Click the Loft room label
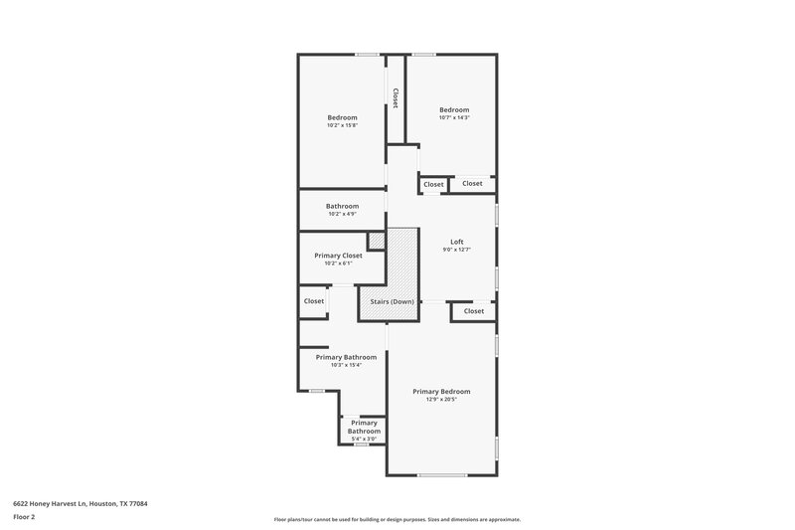(456, 242)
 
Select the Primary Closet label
(338, 255)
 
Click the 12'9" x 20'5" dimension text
(441, 400)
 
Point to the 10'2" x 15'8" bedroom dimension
(342, 125)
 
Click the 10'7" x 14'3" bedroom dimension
(454, 117)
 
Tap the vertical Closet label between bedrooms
(396, 98)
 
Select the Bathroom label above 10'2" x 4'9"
(342, 206)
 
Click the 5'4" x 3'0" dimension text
(364, 439)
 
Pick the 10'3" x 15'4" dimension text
(346, 365)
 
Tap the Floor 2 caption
(24, 517)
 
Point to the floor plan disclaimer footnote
(397, 519)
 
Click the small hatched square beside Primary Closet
(377, 241)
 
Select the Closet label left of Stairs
(314, 301)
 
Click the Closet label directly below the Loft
(474, 311)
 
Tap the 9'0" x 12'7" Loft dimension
(456, 250)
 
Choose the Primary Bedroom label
(441, 392)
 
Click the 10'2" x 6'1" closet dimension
(338, 264)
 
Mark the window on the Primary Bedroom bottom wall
(442, 475)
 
